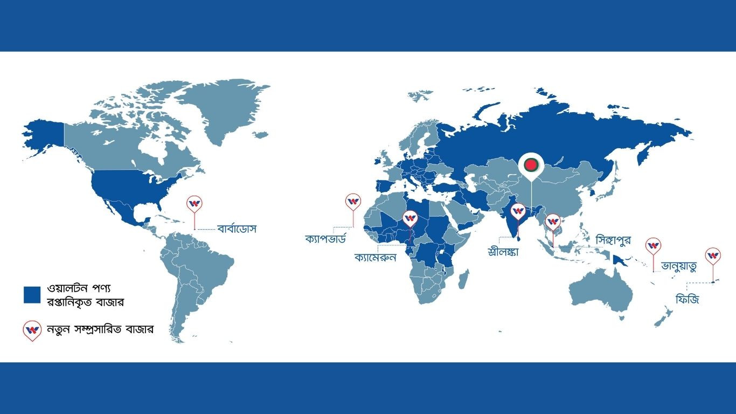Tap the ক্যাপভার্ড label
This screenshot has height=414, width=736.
point(329,239)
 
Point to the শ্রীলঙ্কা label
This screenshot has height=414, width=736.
point(502,251)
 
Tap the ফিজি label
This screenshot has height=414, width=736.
point(687,298)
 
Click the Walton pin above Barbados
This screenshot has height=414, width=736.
point(195,204)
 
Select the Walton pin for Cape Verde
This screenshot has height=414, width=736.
point(353,202)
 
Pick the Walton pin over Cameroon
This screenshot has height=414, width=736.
point(411,217)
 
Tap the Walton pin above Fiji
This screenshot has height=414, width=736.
point(713,256)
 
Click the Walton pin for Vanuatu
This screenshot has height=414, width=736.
point(654,246)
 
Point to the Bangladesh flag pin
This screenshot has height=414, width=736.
point(531,163)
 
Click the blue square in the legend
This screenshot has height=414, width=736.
point(32,294)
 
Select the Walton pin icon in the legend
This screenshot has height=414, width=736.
point(32,330)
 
